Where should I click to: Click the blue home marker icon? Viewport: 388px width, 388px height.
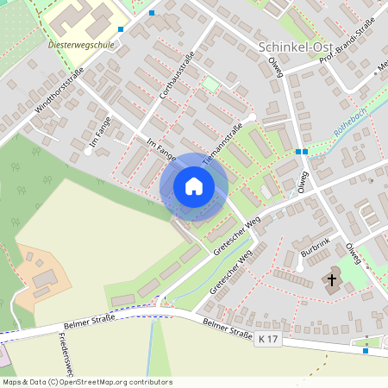(194, 186)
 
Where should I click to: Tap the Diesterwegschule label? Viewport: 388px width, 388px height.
(84, 43)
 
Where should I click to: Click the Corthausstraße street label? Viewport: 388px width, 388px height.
(176, 80)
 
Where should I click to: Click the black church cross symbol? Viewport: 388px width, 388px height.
(332, 279)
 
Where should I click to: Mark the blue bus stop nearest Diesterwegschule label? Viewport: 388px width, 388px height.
(121, 29)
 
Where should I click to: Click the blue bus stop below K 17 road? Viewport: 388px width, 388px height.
(366, 350)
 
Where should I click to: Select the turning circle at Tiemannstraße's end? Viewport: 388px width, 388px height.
(251, 117)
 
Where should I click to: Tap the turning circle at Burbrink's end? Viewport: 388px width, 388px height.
(299, 268)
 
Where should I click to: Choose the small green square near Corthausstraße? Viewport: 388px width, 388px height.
(210, 84)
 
